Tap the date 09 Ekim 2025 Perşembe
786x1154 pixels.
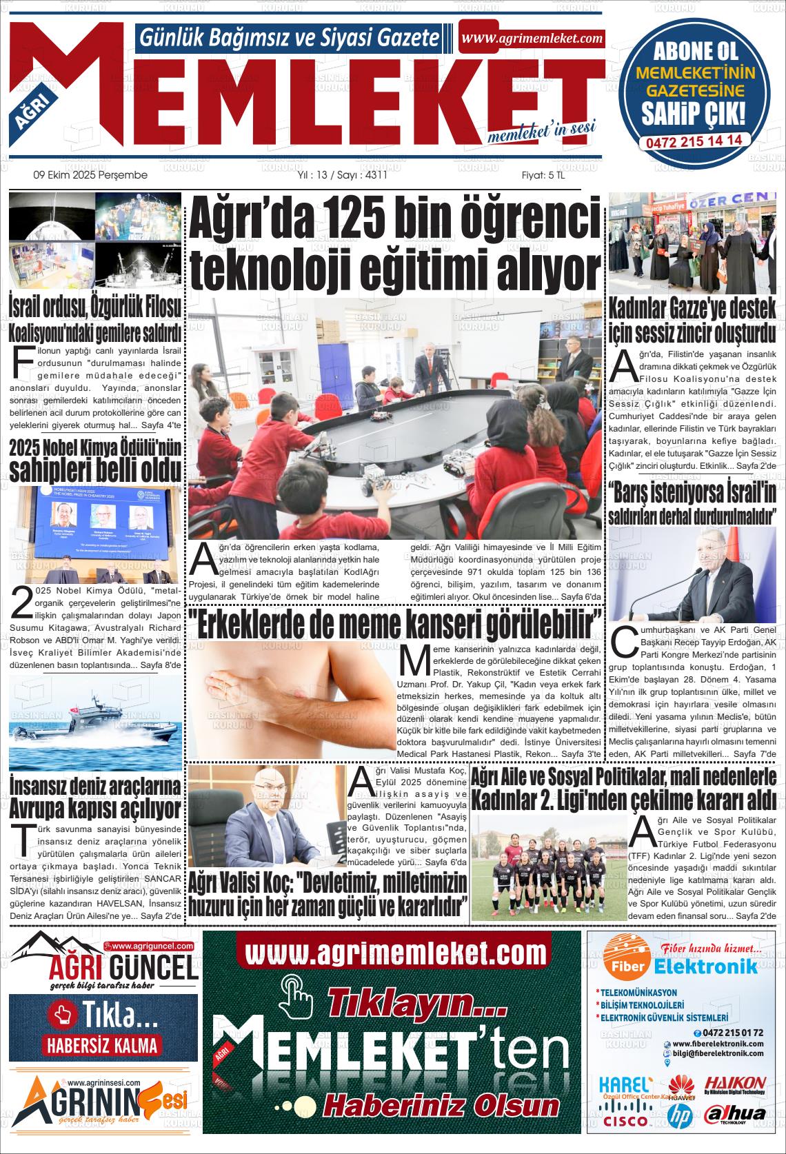90,175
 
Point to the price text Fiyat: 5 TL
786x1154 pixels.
543,175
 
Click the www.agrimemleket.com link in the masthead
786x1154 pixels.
532,39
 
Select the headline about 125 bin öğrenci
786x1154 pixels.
395,244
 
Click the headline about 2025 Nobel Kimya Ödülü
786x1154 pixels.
96,460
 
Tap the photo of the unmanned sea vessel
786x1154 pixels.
96,721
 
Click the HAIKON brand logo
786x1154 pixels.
735,1084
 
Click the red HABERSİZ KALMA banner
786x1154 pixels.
103,1045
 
